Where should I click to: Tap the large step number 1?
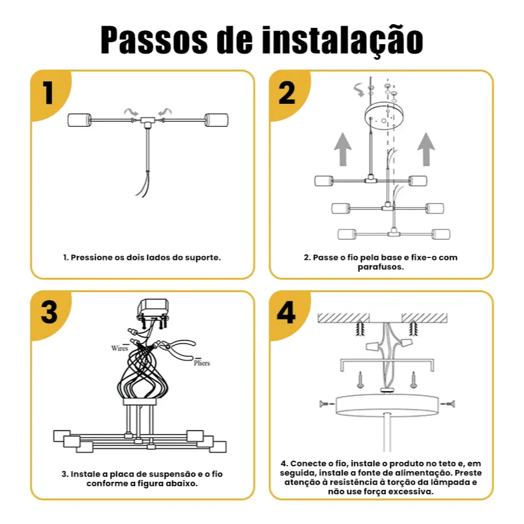48,93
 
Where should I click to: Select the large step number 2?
287,93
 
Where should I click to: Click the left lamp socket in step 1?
80,121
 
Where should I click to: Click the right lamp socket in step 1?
216,121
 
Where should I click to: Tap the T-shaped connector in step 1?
147,122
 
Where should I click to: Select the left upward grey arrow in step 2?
342,149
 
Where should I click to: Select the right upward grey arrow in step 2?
426,149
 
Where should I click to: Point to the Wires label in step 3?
119,348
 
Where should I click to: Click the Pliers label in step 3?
202,363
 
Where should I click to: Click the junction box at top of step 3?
153,309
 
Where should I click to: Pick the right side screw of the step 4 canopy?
448,403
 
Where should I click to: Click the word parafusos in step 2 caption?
380,267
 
